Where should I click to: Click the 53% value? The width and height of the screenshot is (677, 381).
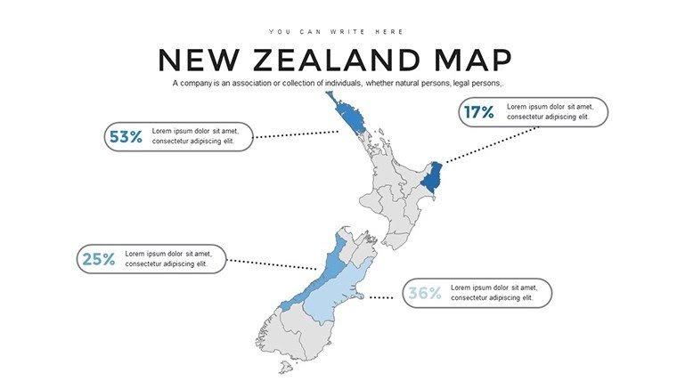pyautogui.click(x=126, y=136)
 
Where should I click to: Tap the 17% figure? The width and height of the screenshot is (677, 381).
pyautogui.click(x=477, y=112)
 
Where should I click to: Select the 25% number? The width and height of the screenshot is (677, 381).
pyautogui.click(x=99, y=259)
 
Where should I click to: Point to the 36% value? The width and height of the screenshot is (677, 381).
pyautogui.click(x=424, y=293)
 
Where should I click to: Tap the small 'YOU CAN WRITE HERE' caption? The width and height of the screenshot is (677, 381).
pyautogui.click(x=338, y=32)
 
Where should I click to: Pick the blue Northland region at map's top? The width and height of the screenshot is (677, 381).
pyautogui.click(x=347, y=116)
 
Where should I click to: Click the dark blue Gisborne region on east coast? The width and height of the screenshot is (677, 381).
pyautogui.click(x=433, y=178)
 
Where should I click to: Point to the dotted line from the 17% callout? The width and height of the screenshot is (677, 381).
pyautogui.click(x=490, y=144)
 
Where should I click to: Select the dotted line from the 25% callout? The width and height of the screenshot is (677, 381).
pyautogui.click(x=273, y=264)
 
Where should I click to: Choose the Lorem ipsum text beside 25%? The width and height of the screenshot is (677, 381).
pyautogui.click(x=167, y=258)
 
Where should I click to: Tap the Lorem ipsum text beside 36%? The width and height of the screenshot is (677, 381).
pyautogui.click(x=493, y=293)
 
